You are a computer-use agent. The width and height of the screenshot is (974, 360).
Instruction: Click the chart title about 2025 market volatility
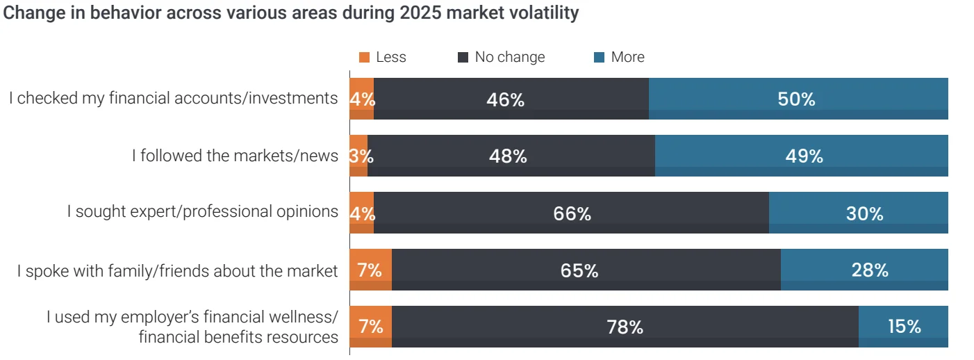(291, 13)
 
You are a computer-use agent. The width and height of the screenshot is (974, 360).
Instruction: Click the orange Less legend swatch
(365, 58)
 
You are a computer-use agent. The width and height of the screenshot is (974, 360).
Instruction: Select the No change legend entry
(502, 58)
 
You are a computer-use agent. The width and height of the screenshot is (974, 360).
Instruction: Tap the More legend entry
(620, 58)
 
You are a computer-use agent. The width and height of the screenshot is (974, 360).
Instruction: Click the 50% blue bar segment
(798, 99)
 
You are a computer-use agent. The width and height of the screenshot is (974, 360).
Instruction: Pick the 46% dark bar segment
(511, 99)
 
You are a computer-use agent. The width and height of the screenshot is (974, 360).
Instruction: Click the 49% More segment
(801, 156)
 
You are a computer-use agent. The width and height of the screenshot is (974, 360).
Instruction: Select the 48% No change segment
(511, 156)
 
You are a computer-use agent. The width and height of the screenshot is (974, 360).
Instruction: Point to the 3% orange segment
(358, 156)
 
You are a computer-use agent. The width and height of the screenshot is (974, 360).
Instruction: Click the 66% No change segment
(571, 213)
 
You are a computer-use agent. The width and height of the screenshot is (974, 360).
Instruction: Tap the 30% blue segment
(858, 213)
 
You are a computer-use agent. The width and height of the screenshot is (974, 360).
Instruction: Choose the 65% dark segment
(586, 270)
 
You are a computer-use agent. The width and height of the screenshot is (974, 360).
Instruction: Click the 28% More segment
(864, 270)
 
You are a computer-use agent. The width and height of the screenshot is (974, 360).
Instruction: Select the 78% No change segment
(625, 327)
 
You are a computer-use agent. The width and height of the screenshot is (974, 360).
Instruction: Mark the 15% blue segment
(903, 327)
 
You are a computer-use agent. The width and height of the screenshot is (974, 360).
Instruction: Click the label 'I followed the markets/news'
(235, 156)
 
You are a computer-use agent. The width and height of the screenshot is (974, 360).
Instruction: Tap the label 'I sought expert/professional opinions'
(202, 212)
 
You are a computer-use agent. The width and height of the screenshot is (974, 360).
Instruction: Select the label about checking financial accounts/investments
(173, 99)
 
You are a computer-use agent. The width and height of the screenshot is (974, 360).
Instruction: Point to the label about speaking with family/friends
(177, 270)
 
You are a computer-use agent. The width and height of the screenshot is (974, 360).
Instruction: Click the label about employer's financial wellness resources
(192, 327)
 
